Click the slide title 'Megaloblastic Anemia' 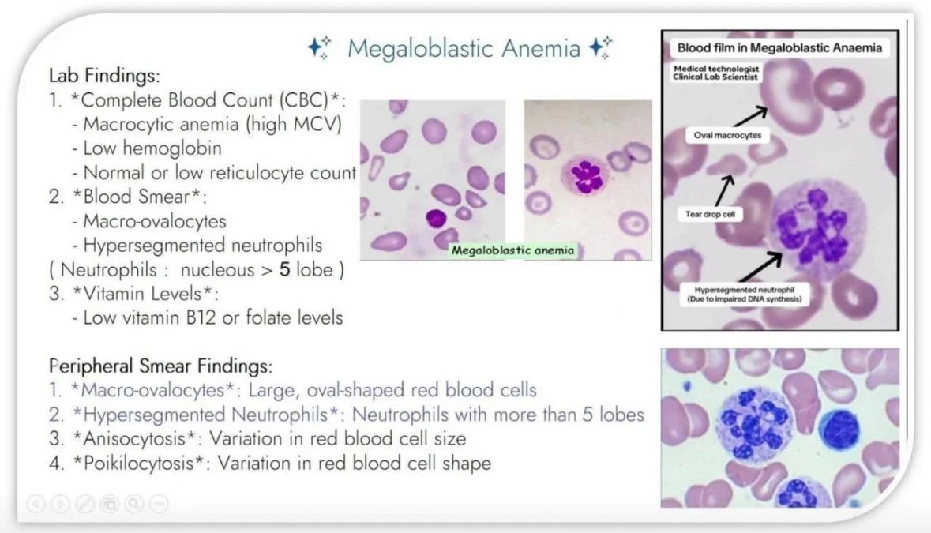click(x=464, y=48)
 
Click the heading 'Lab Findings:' click(x=104, y=75)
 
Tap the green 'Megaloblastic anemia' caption click(x=513, y=250)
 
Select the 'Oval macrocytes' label click(x=727, y=135)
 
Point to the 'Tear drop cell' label click(x=710, y=214)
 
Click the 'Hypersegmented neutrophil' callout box click(x=745, y=295)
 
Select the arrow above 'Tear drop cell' click(x=724, y=190)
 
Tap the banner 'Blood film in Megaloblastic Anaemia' click(x=779, y=48)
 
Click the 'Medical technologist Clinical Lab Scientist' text click(x=716, y=73)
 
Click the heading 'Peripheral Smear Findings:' click(x=160, y=366)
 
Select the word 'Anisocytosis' click(x=134, y=438)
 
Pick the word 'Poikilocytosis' click(x=138, y=463)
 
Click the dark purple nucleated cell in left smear click(x=436, y=219)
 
